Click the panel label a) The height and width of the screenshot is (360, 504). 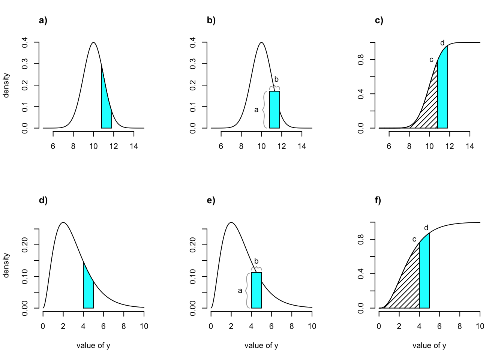tap(43, 21)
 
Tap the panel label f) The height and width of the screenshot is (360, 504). tap(378, 200)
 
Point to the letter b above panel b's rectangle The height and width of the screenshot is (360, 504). tap(276, 79)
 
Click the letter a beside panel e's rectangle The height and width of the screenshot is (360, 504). tap(240, 290)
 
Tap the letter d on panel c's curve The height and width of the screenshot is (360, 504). tap(442, 43)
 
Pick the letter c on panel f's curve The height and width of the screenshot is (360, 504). tap(414, 239)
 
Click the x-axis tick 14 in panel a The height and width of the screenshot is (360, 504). tap(134, 146)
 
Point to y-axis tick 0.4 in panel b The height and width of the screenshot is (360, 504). tap(193, 42)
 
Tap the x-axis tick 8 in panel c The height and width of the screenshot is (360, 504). tap(409, 146)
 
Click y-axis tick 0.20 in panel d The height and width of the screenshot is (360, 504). tap(25, 245)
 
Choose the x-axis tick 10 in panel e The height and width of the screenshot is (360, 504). tap(312, 326)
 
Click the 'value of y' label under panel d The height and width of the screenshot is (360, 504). tap(93, 345)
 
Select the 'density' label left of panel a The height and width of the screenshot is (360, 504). tap(6, 85)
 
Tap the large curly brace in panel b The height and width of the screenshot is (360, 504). tap(264, 109)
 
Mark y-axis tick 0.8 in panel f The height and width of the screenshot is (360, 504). tap(361, 239)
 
